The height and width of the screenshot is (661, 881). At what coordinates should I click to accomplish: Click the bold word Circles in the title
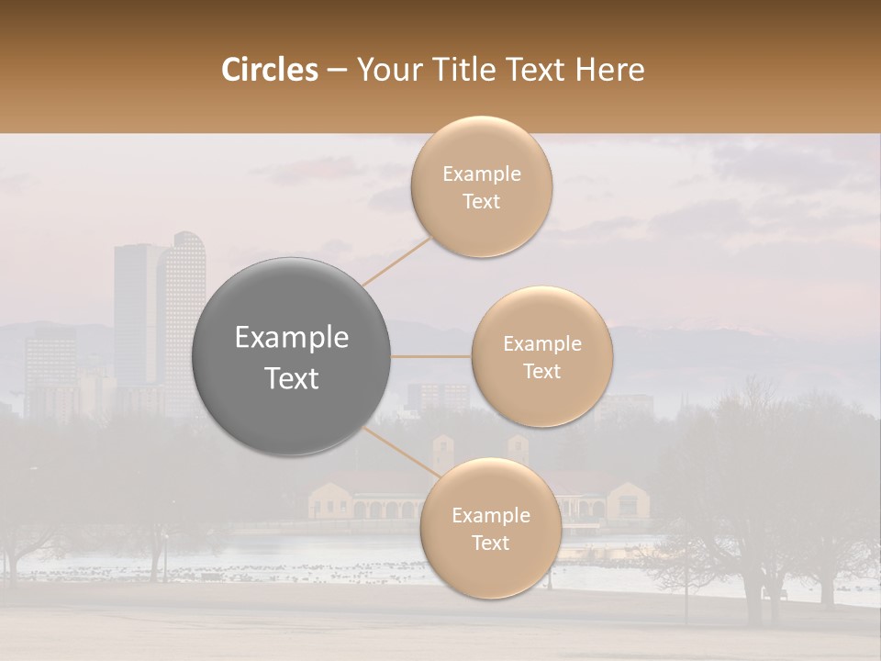point(269,70)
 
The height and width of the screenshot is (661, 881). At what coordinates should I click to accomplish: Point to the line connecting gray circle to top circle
point(396,261)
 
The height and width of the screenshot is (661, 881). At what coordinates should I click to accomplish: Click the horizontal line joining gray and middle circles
point(431,356)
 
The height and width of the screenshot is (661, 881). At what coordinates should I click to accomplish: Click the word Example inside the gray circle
point(292,338)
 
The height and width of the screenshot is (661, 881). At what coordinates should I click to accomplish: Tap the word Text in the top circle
point(481,202)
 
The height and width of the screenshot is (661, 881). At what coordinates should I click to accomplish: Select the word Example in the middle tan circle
point(541,344)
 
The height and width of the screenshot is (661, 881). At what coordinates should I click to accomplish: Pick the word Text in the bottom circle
point(490,543)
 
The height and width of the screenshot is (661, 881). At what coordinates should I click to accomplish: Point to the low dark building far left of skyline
point(50,367)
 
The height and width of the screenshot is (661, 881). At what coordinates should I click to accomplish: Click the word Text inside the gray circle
point(292,378)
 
